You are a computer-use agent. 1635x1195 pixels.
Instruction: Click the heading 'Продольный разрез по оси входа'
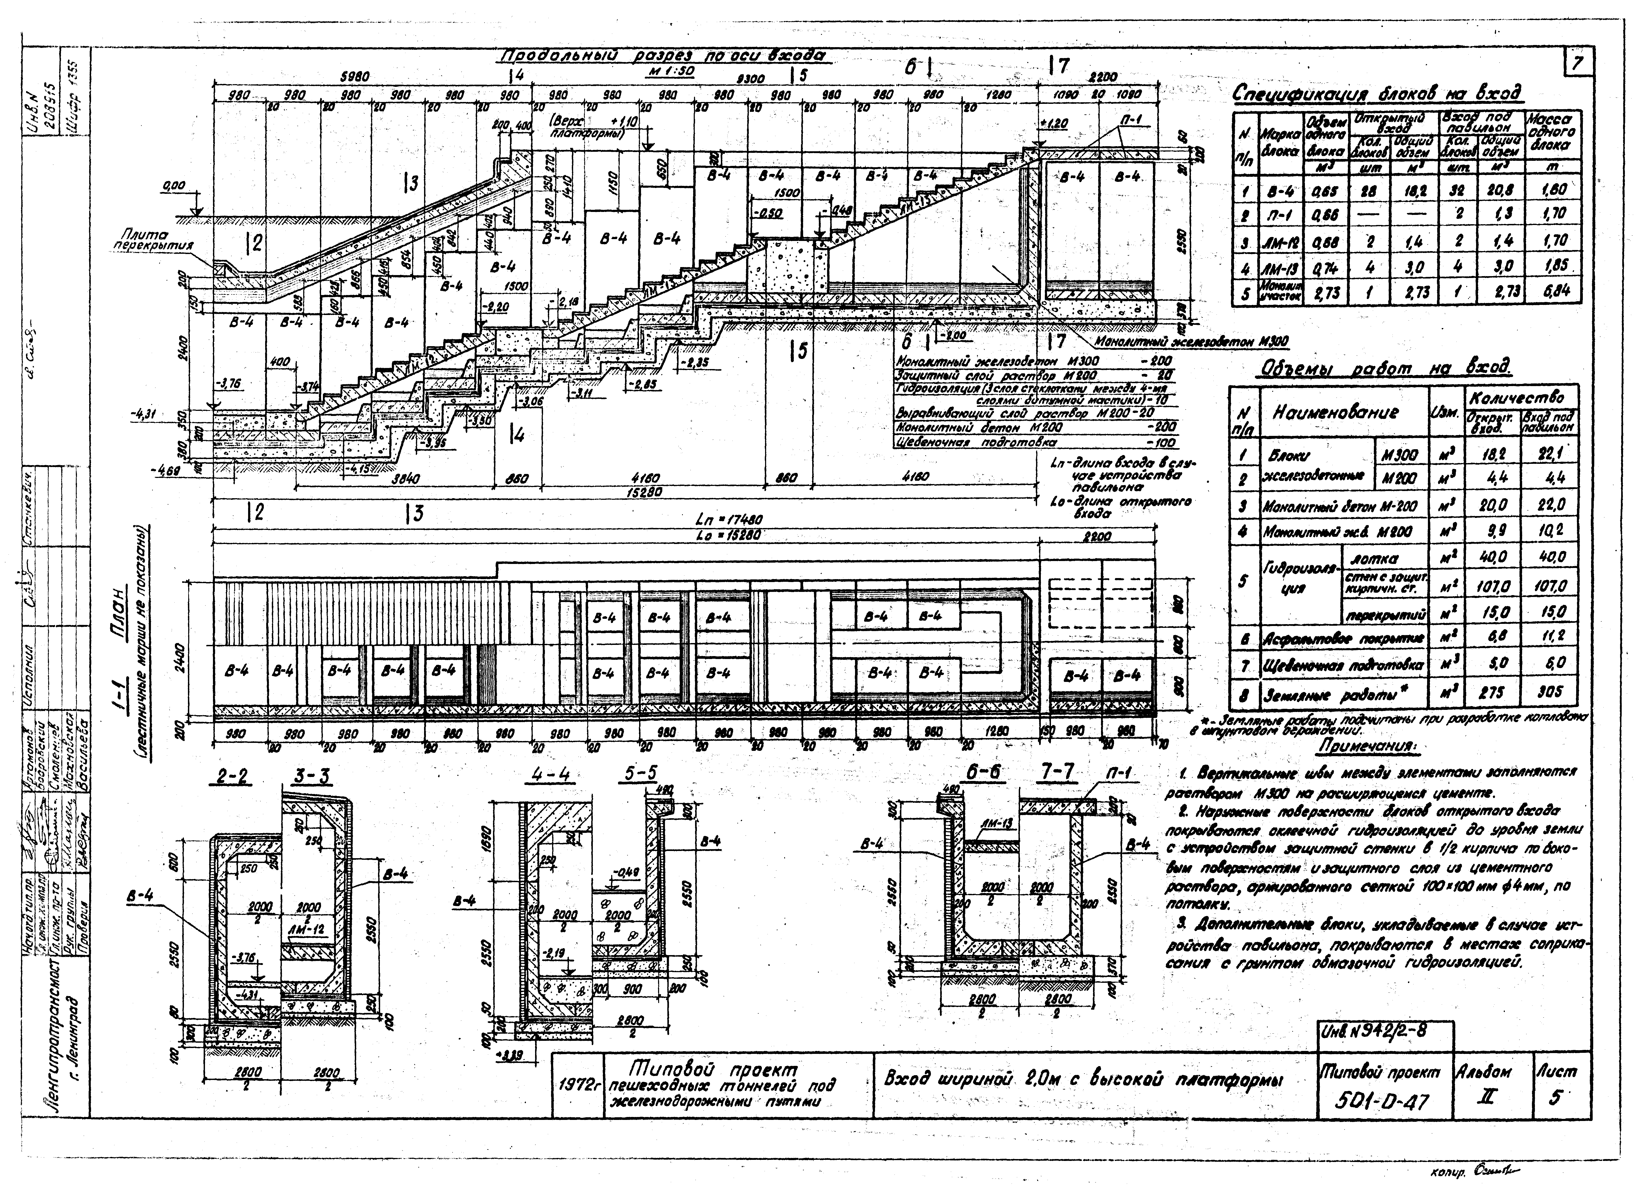[664, 58]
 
